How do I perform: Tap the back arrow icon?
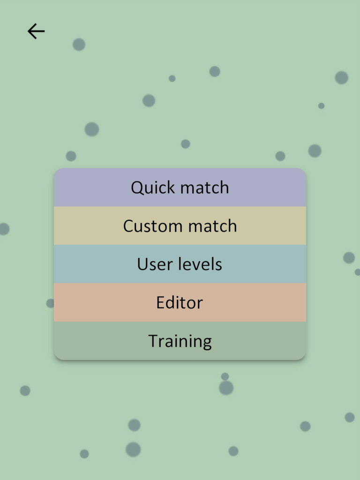coord(36,31)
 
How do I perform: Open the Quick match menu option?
coord(180,187)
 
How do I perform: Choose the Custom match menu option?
coord(180,226)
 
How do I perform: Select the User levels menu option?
coord(180,264)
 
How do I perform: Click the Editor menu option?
coord(180,303)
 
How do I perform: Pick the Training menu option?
coord(180,341)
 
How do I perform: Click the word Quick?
coord(153,187)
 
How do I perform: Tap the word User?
coord(152,264)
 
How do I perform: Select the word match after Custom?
coord(212,226)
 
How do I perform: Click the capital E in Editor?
coord(161,303)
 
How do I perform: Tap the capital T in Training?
coord(153,341)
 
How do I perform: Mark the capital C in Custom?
coord(128,226)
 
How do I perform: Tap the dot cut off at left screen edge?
coord(3,229)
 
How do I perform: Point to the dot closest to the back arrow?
coord(79,45)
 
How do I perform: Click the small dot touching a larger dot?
coord(225,376)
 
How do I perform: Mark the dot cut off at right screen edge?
coord(358,272)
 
